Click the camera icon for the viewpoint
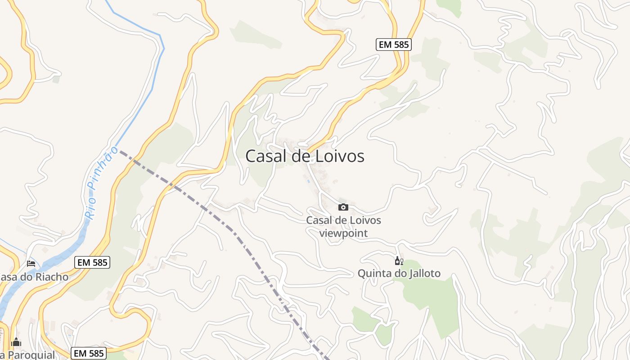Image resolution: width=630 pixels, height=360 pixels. pos(343,207)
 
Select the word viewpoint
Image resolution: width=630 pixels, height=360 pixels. pos(343,233)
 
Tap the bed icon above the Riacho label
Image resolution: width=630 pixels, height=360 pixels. pos(31,263)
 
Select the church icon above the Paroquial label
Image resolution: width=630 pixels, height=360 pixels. pos(16,342)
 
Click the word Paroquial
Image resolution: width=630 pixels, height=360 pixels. pos(31,355)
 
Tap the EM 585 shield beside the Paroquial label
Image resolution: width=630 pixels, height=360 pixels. pos(89,353)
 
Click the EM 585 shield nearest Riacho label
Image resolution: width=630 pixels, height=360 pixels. pos(92,262)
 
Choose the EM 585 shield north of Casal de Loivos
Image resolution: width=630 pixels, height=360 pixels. pos(394,44)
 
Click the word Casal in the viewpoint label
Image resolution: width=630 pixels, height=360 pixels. pos(320,220)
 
